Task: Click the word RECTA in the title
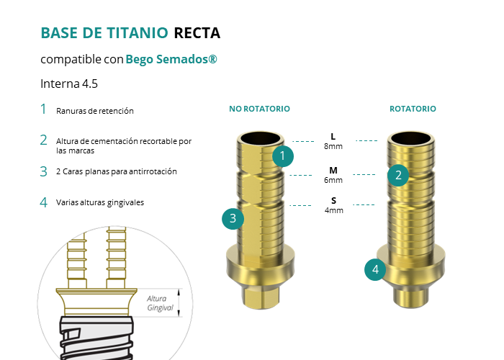tap(197, 33)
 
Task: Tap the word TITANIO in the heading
tap(138, 33)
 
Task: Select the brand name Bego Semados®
tap(171, 60)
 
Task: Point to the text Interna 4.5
tap(69, 84)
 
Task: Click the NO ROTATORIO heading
tap(259, 109)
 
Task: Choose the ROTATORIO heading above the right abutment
tap(413, 109)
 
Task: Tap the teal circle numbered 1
tap(283, 156)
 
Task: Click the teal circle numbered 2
tap(398, 176)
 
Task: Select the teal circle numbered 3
tap(233, 219)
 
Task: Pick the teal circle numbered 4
tap(375, 270)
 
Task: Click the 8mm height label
tap(333, 147)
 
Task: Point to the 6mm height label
tap(333, 180)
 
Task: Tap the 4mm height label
tap(334, 210)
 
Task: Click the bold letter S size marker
tap(333, 201)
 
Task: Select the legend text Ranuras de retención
tap(95, 111)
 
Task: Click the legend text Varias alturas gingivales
tap(100, 203)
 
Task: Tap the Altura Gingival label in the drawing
tap(160, 303)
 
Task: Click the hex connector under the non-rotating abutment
tap(261, 298)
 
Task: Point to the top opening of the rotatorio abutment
tap(411, 138)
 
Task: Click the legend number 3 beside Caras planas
tap(43, 171)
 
